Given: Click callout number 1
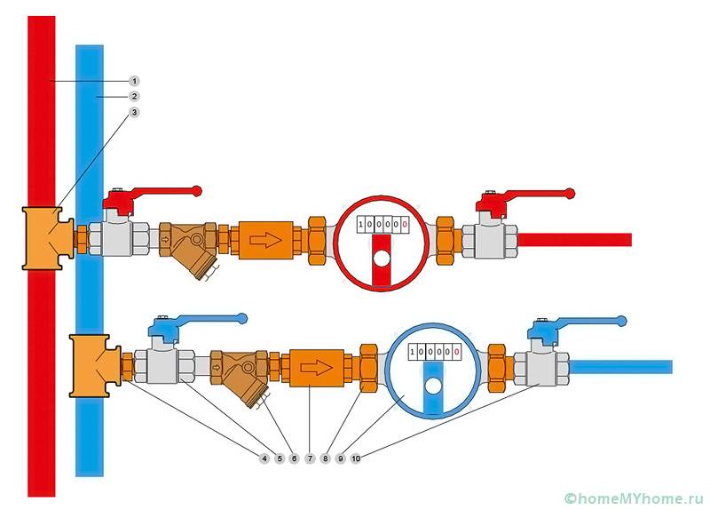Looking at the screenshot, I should (134, 80).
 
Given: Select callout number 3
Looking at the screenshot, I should (134, 112).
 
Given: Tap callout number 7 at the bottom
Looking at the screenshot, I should (310, 458).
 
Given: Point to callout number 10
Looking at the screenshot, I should (355, 458).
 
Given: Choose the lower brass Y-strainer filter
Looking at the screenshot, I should (241, 373).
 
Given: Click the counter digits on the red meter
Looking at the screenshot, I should (383, 225).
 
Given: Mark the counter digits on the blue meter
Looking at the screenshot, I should (433, 353).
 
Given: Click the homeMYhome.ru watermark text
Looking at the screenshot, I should (634, 497).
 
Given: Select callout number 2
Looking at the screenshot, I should (134, 96).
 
